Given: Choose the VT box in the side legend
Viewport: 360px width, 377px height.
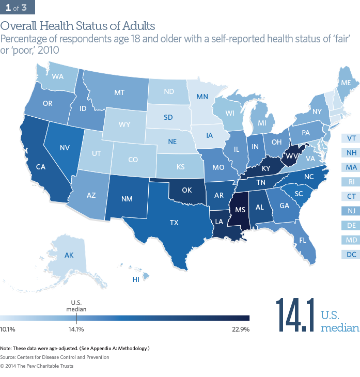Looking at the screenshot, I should click(x=351, y=138).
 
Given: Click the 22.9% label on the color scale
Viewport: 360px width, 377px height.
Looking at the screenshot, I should click(x=241, y=329).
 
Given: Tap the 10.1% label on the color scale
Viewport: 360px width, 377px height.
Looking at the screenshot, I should click(x=8, y=329).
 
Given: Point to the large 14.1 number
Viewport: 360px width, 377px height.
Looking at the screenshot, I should click(x=296, y=315).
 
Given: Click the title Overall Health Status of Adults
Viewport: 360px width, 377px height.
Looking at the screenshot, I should click(x=77, y=25).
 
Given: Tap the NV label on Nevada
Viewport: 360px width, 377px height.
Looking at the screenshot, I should click(x=65, y=147).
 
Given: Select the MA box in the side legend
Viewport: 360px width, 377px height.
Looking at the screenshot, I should click(x=351, y=167).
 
